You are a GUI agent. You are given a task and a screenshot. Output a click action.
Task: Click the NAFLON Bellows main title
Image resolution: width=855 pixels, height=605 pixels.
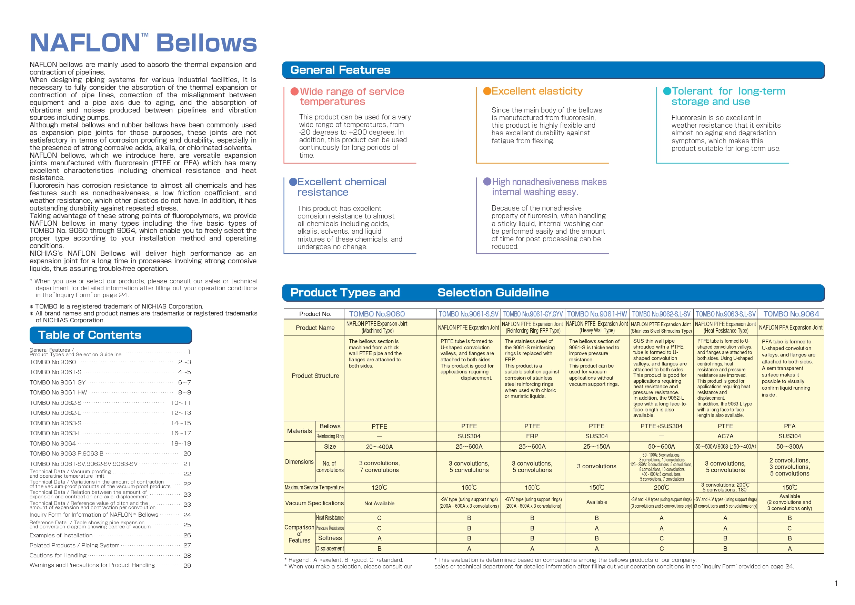(x=143, y=43)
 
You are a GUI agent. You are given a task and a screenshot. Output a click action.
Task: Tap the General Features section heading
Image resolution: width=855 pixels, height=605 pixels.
(x=340, y=70)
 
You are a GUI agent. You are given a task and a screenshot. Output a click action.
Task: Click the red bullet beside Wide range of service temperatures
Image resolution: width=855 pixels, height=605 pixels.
(x=294, y=92)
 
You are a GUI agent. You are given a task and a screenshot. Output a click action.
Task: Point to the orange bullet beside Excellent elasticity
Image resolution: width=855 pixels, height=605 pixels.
(x=487, y=91)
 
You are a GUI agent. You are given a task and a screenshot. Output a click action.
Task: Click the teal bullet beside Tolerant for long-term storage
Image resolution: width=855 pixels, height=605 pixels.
(x=667, y=91)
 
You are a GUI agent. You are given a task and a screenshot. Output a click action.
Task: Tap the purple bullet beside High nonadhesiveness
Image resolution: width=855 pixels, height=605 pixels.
(x=487, y=182)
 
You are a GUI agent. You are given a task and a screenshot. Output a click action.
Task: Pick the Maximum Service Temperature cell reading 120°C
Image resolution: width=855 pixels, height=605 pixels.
(x=379, y=487)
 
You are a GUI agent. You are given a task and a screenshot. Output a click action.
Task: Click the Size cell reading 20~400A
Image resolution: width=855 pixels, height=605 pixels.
(x=379, y=447)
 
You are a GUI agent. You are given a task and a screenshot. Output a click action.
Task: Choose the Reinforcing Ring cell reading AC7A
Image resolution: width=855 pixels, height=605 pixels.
(x=725, y=436)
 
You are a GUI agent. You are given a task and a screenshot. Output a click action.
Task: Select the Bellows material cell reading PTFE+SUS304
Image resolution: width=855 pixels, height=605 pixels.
(x=661, y=426)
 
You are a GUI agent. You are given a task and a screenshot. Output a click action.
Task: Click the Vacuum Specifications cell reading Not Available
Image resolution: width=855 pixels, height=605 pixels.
(x=379, y=503)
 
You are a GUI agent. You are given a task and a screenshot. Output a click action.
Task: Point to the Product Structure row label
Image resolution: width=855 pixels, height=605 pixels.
(x=315, y=376)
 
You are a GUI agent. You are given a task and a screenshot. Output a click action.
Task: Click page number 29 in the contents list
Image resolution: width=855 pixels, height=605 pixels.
(x=187, y=566)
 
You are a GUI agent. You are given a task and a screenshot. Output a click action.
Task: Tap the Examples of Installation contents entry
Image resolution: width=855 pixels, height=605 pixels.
(x=61, y=535)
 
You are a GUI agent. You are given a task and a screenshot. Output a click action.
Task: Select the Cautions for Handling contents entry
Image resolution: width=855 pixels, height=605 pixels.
(x=58, y=555)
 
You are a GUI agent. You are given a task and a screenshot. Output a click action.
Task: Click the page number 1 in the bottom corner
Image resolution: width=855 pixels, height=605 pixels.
(x=836, y=583)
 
